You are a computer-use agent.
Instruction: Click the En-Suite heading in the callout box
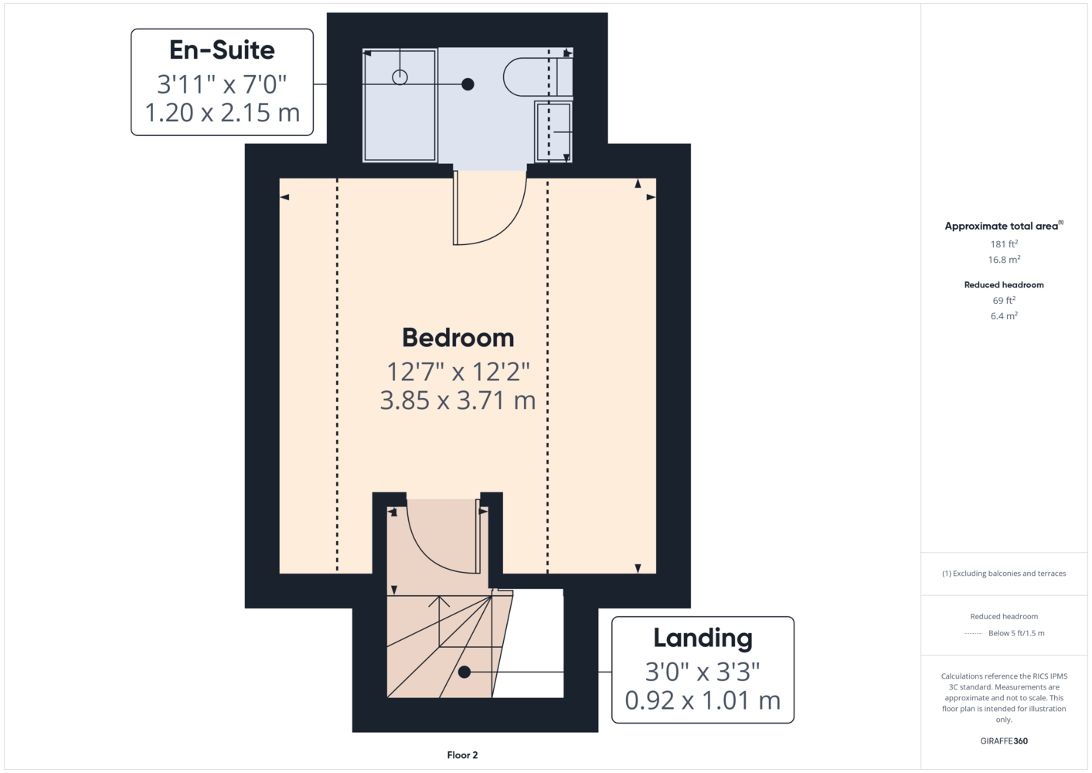click(222, 50)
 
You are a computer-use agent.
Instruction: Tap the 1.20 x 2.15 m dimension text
click(223, 113)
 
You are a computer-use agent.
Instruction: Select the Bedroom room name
click(458, 338)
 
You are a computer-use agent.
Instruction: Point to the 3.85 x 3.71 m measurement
click(458, 400)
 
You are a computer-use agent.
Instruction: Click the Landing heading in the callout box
click(702, 638)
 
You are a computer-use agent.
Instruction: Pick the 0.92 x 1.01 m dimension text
click(702, 701)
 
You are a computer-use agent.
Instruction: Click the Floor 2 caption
click(462, 755)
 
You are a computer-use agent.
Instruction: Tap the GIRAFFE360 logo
click(1004, 741)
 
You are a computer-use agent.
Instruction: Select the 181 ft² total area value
click(1004, 243)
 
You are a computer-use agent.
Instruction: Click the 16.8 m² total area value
click(1004, 260)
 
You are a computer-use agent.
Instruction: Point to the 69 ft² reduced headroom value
click(1004, 301)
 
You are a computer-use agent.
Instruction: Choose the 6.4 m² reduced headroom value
click(1004, 316)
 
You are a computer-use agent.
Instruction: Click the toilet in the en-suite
click(537, 77)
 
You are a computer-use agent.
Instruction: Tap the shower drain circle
click(400, 77)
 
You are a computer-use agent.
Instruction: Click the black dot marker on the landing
click(464, 672)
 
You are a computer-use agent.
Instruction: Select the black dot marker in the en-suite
click(468, 84)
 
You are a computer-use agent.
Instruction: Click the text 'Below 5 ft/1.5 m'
click(1016, 633)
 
